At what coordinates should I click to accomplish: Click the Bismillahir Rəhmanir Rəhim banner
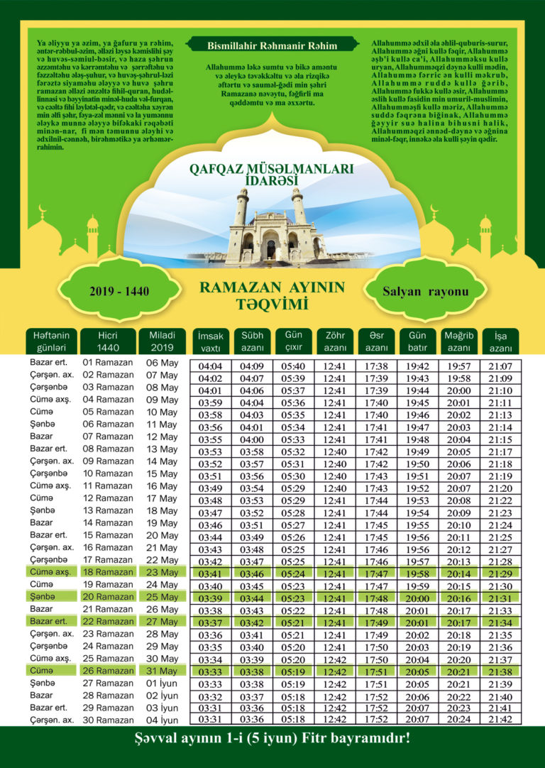pos(272,45)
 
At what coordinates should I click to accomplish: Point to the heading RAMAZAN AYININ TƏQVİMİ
pos(272,296)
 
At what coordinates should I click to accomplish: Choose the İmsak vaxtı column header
pos(211,341)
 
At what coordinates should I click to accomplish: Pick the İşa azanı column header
pos(500,341)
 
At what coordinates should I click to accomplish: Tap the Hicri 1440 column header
pos(108,341)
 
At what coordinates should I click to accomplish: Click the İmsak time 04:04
pos(211,366)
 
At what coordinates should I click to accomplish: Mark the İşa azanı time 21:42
pos(500,719)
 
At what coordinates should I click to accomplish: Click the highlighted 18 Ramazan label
pos(108,571)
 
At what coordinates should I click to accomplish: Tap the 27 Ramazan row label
pos(108,683)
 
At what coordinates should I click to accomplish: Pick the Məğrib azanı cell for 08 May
pos(458,391)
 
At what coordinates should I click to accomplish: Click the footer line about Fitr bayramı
pos(272,739)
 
